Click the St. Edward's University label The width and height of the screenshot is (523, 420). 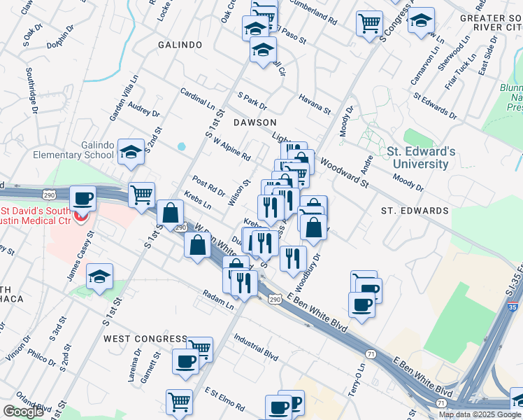(421, 157)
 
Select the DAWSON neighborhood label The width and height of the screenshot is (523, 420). (252, 122)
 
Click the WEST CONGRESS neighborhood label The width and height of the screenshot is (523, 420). (145, 339)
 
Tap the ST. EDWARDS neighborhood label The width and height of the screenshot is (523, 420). (415, 211)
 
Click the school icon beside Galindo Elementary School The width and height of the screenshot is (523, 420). (131, 152)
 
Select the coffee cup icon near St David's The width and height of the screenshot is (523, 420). (83, 198)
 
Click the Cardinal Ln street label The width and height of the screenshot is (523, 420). (197, 99)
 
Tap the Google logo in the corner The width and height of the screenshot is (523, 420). (23, 411)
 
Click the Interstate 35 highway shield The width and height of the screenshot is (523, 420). (514, 307)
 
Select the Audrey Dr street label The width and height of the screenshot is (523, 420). (144, 111)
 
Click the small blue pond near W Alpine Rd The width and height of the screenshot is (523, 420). (182, 146)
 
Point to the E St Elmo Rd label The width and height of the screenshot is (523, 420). (222, 395)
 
